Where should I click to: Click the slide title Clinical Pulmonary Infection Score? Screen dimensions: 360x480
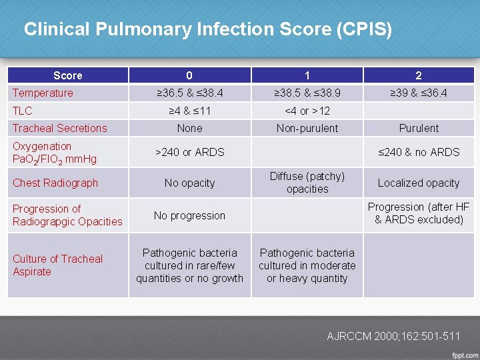click(x=207, y=30)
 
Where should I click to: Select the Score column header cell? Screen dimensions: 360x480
click(x=67, y=75)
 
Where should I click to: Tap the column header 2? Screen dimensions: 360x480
click(x=419, y=75)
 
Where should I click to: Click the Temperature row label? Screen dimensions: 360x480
click(x=43, y=93)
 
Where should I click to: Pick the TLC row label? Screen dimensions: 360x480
click(x=23, y=111)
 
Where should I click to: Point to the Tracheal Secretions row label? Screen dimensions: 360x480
click(x=59, y=128)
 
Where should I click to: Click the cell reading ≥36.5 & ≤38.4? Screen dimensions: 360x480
click(x=189, y=93)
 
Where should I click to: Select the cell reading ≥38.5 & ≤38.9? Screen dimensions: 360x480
click(x=307, y=93)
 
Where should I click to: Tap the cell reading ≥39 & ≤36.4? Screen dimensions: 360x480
click(x=419, y=93)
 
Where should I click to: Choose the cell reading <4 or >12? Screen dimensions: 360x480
click(x=307, y=111)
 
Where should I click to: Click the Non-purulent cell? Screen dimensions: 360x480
click(x=307, y=128)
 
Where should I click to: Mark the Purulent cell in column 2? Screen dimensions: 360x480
click(x=419, y=128)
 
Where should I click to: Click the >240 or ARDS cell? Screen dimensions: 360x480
click(x=189, y=152)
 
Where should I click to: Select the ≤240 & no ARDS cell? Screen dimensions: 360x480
click(x=419, y=152)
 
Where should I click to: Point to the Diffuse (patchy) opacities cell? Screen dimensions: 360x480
click(x=307, y=182)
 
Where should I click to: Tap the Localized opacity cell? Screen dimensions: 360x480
click(x=419, y=183)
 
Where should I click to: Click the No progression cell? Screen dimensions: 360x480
click(x=189, y=215)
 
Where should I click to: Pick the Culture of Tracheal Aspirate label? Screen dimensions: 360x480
click(x=57, y=265)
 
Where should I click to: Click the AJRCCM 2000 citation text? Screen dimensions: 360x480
click(x=393, y=336)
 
